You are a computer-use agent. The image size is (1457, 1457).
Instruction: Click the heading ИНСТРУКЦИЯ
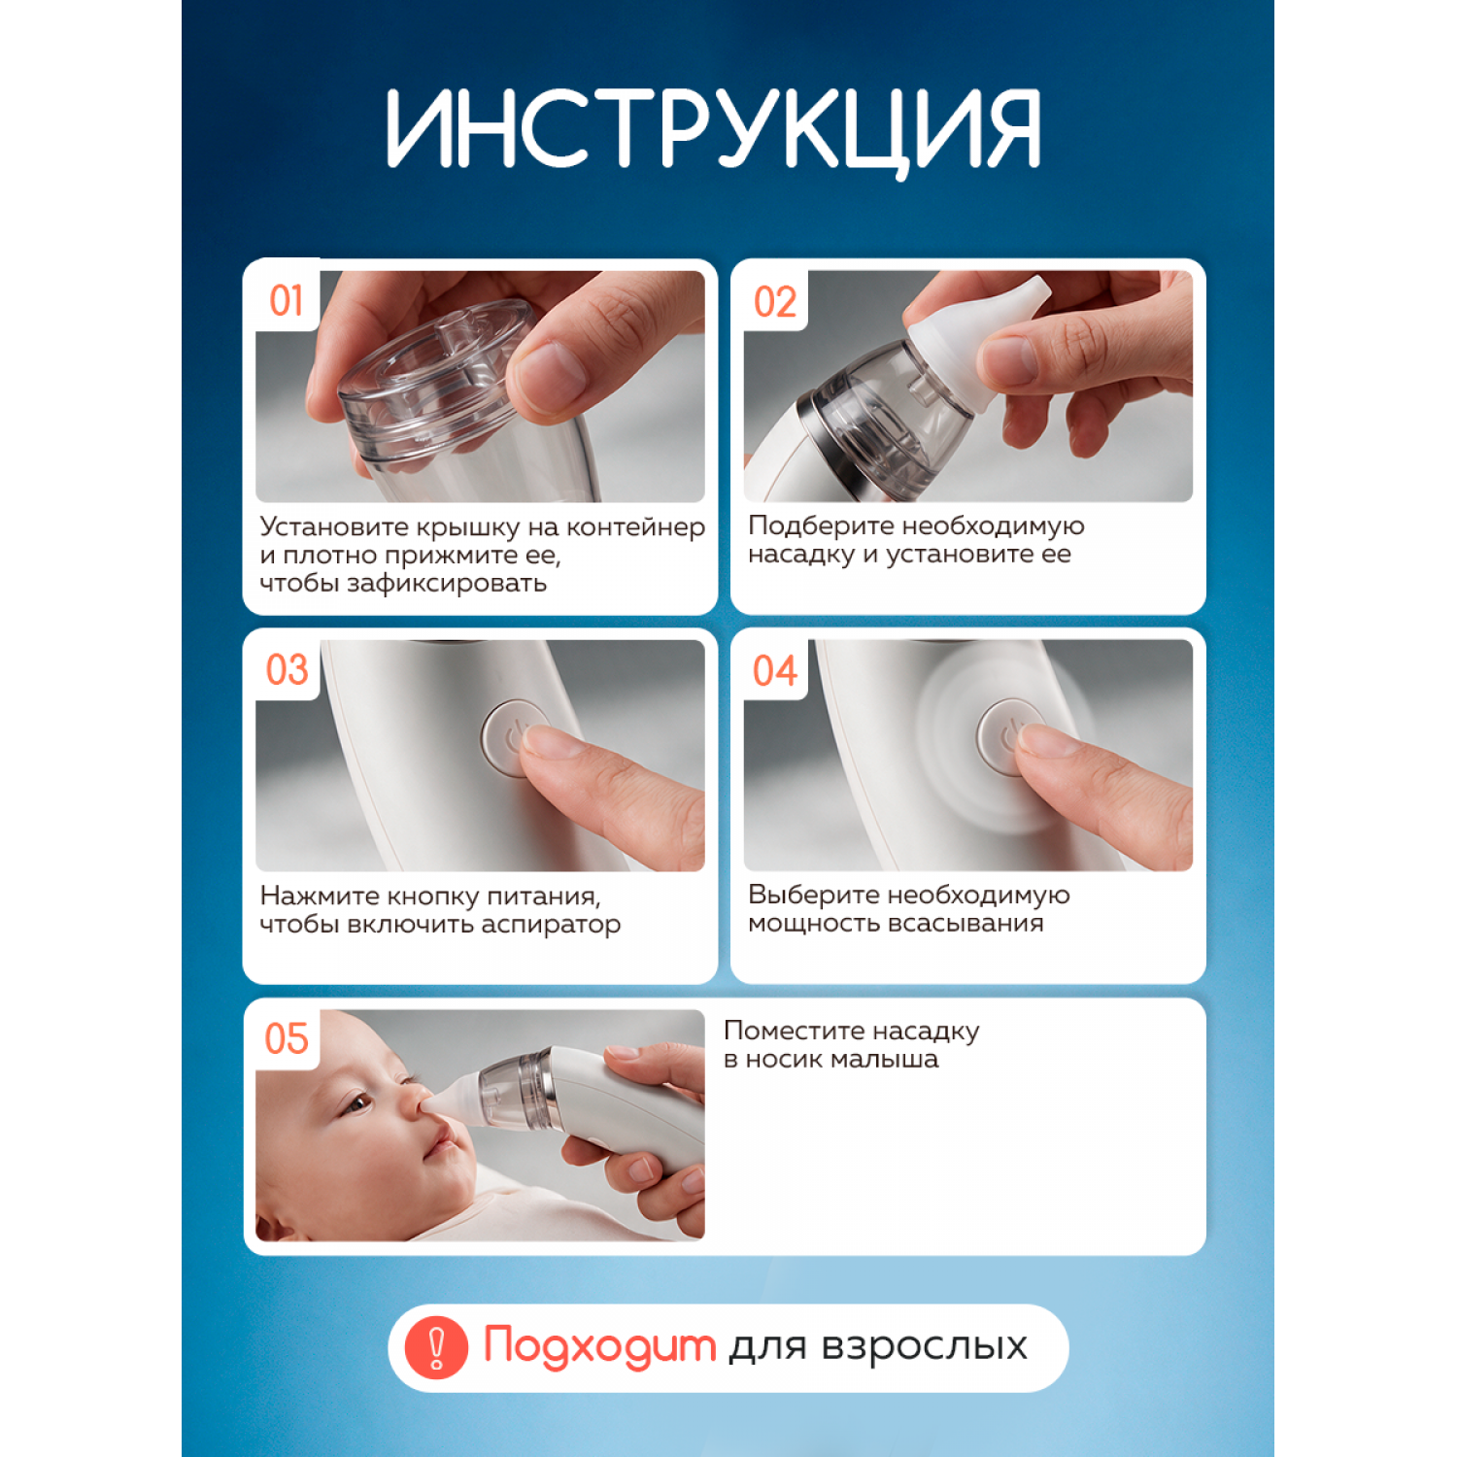(x=714, y=129)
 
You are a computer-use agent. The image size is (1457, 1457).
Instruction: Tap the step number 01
(x=287, y=301)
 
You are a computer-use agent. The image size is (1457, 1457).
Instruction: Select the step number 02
(x=775, y=302)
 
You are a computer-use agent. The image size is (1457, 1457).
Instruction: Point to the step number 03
(x=287, y=670)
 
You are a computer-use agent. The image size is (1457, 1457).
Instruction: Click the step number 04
(x=775, y=670)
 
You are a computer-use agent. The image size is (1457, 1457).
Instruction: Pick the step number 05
(x=287, y=1038)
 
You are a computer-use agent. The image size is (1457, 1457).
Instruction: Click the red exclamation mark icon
(x=436, y=1347)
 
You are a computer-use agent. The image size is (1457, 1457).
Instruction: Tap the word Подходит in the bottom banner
(x=599, y=1347)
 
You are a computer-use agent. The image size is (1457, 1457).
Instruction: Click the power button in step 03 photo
(x=516, y=738)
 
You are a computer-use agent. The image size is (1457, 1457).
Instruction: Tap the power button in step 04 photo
(x=1011, y=737)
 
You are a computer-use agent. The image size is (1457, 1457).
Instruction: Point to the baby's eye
(x=358, y=1104)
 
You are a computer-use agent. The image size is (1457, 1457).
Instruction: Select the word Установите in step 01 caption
(x=334, y=526)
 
